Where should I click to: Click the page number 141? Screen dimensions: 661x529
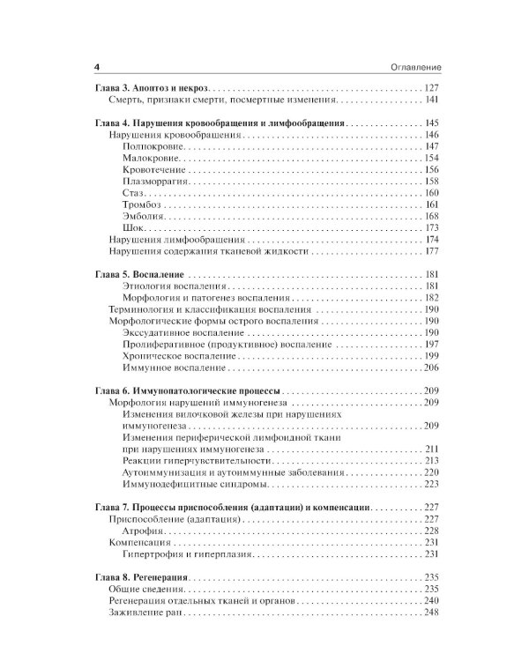[431, 100]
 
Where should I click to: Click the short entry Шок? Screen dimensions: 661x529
[134, 227]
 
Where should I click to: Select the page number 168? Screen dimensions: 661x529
[431, 216]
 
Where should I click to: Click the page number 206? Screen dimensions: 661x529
[431, 367]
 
